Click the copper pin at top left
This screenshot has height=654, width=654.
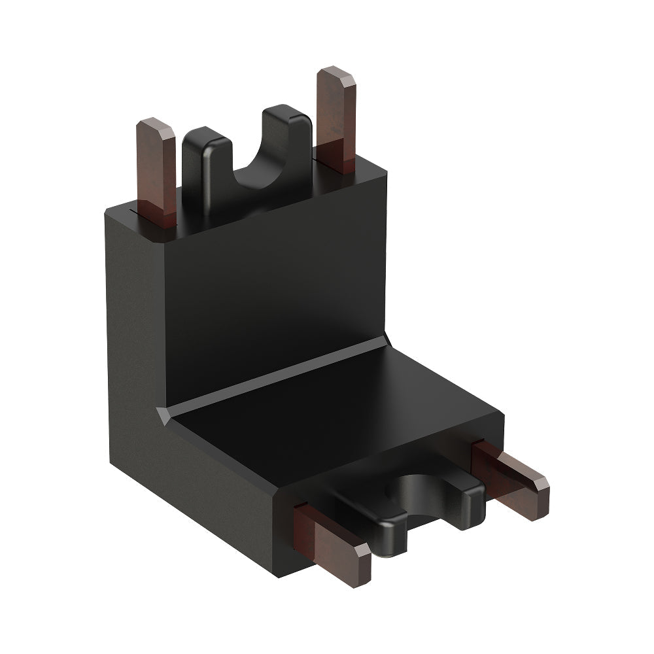(x=157, y=173)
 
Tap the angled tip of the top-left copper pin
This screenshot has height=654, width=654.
(x=157, y=128)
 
